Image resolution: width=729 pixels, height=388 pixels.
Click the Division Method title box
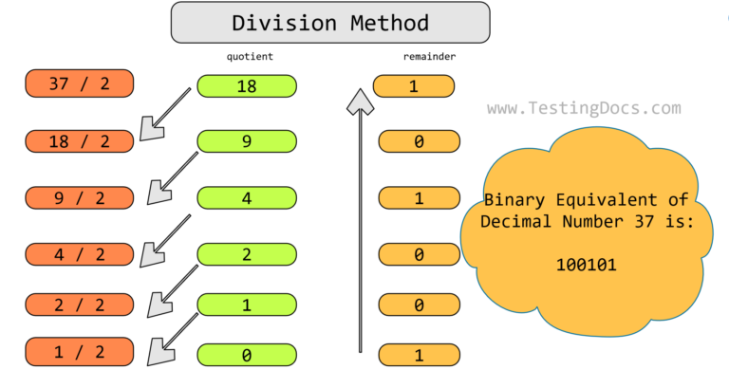click(330, 23)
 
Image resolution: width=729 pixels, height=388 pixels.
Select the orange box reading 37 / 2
click(80, 83)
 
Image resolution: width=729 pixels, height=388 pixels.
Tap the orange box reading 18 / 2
click(80, 141)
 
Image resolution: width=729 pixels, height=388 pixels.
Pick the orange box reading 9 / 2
click(80, 198)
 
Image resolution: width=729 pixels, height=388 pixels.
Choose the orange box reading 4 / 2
click(80, 254)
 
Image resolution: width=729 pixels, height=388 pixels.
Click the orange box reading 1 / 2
click(80, 352)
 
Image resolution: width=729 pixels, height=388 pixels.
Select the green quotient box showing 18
click(247, 86)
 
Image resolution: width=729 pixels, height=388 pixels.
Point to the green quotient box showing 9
click(247, 141)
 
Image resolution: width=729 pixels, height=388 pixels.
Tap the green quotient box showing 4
click(247, 198)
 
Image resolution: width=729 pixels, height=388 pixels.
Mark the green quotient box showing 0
click(247, 356)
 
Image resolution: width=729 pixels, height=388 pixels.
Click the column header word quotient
click(250, 57)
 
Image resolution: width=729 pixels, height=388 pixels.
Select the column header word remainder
click(429, 57)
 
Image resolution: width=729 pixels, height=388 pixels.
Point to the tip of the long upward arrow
click(360, 92)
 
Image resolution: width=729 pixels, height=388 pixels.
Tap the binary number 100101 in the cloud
click(586, 266)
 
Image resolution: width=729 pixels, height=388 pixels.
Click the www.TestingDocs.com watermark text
click(584, 108)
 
